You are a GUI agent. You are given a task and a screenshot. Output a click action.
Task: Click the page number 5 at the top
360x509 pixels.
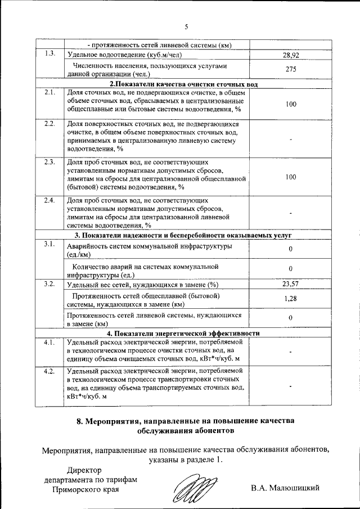click(x=186, y=26)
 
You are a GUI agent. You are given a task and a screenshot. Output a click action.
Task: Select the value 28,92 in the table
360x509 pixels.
click(x=290, y=56)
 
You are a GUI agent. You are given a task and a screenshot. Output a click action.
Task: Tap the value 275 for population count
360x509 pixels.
click(x=290, y=69)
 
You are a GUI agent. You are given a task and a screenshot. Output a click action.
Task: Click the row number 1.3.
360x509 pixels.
click(x=49, y=55)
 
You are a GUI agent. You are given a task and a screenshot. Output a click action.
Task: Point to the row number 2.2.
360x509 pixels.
click(x=49, y=124)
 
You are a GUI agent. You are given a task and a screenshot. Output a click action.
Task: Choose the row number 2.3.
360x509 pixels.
click(x=49, y=163)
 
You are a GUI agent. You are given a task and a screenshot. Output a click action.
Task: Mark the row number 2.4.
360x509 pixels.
click(x=49, y=200)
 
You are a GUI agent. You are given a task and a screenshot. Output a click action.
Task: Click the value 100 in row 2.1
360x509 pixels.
click(x=290, y=104)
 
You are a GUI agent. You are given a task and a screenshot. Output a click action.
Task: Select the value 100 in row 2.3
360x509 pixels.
click(x=290, y=177)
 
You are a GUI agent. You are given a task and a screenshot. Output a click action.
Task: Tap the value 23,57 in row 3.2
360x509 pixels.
click(x=290, y=284)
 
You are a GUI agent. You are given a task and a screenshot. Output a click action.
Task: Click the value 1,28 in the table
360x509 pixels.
click(x=290, y=299)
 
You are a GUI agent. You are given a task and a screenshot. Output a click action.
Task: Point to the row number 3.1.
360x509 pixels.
click(x=49, y=244)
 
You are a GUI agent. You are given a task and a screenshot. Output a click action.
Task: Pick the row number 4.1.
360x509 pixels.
click(x=49, y=341)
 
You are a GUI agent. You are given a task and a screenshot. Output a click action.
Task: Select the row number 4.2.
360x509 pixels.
click(x=49, y=371)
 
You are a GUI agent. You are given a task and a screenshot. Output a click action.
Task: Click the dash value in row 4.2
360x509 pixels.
click(x=290, y=386)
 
